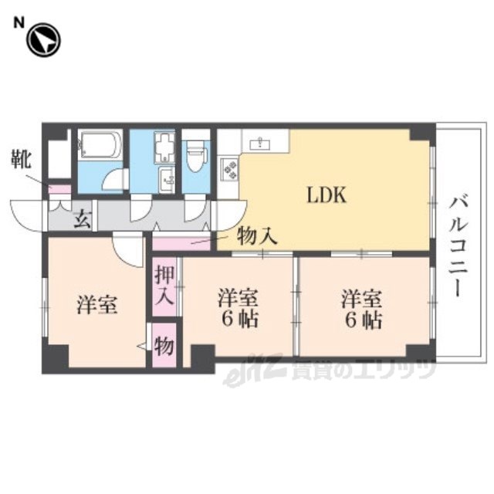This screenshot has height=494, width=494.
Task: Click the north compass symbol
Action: [43, 40]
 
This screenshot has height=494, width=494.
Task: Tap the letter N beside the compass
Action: [19, 23]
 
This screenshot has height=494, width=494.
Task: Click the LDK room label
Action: [327, 195]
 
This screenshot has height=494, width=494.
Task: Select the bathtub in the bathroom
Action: [100, 144]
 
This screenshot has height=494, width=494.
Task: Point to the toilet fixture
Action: [196, 156]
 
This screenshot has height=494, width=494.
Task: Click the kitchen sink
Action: [259, 144]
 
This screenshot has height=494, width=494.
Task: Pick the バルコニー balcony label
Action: [458, 246]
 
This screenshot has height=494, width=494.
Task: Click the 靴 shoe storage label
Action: [21, 160]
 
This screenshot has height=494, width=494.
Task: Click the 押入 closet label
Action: [164, 285]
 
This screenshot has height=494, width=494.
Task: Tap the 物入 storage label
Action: [257, 237]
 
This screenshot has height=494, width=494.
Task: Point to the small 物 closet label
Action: [164, 346]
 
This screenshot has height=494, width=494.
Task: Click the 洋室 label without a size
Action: [97, 305]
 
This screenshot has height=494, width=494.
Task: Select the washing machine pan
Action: [164, 148]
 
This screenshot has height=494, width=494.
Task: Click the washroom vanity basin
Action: [167, 180]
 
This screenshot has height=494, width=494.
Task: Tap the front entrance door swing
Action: [26, 215]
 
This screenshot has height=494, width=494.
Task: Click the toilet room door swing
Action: [195, 208]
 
